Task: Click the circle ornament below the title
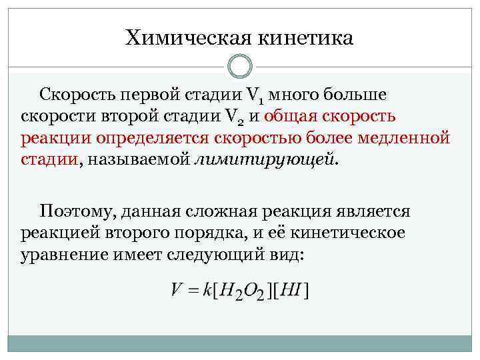pyautogui.click(x=240, y=67)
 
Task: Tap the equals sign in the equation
pyautogui.click(x=193, y=291)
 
